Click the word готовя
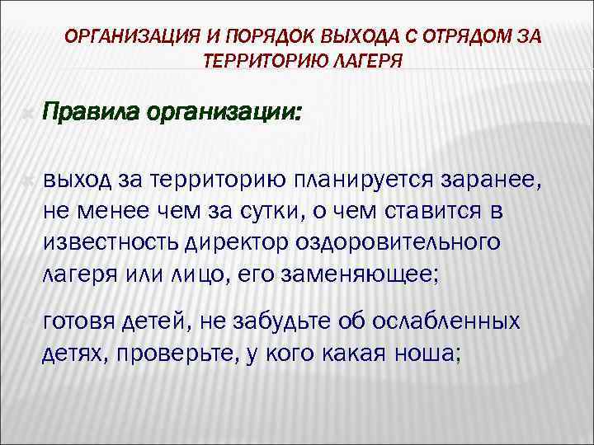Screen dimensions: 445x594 tap(81, 321)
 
